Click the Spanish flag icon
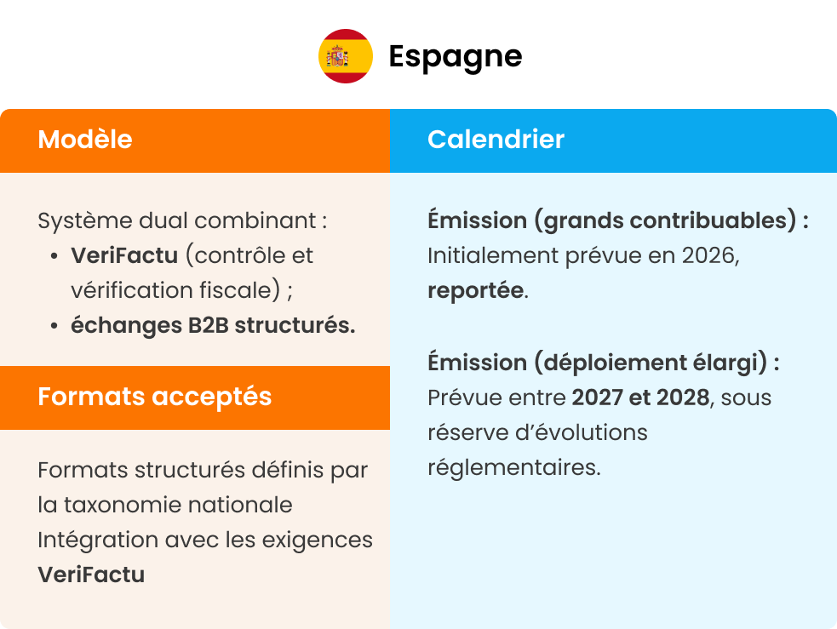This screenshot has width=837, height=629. click(346, 56)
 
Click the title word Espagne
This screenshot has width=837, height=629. click(455, 56)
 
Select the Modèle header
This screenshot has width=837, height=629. click(85, 140)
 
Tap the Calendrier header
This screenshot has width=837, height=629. click(496, 140)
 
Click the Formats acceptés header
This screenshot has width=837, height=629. click(154, 397)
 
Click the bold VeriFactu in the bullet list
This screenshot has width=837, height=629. click(124, 255)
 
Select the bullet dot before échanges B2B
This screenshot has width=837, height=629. click(54, 326)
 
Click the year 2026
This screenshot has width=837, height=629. click(708, 255)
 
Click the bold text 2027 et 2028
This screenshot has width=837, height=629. click(640, 397)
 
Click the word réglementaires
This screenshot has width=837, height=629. click(513, 467)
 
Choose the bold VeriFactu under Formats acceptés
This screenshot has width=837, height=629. click(91, 575)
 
